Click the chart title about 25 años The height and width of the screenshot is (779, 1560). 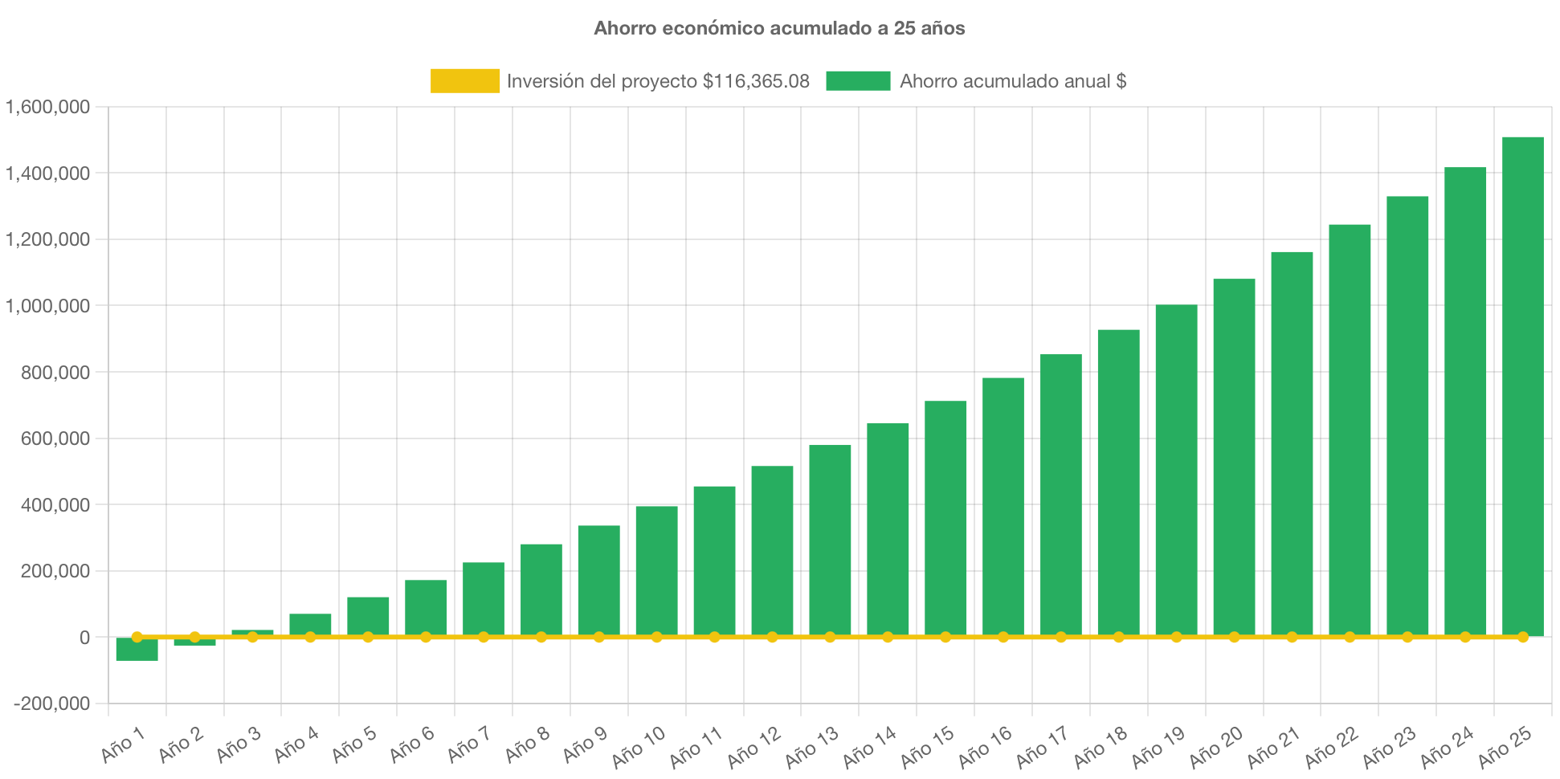pos(779,28)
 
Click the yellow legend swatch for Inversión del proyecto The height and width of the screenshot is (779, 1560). pos(464,81)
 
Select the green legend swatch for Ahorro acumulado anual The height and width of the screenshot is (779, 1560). pos(858,81)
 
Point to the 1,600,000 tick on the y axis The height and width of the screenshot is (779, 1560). pos(48,107)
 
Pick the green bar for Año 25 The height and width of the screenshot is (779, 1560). pos(1522,385)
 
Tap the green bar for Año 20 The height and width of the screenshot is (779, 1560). pos(1234,458)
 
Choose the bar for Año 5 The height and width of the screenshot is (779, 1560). pos(368,616)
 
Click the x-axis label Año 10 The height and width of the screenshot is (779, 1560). pos(639,747)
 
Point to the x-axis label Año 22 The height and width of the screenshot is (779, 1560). pos(1331,747)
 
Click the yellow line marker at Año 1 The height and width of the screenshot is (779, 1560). pos(137,637)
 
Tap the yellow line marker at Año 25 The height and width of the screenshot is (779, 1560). pos(1522,637)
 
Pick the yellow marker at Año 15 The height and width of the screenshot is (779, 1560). pos(945,637)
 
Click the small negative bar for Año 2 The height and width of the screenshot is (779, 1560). pos(194,642)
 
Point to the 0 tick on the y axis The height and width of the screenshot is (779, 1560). pos(84,638)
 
